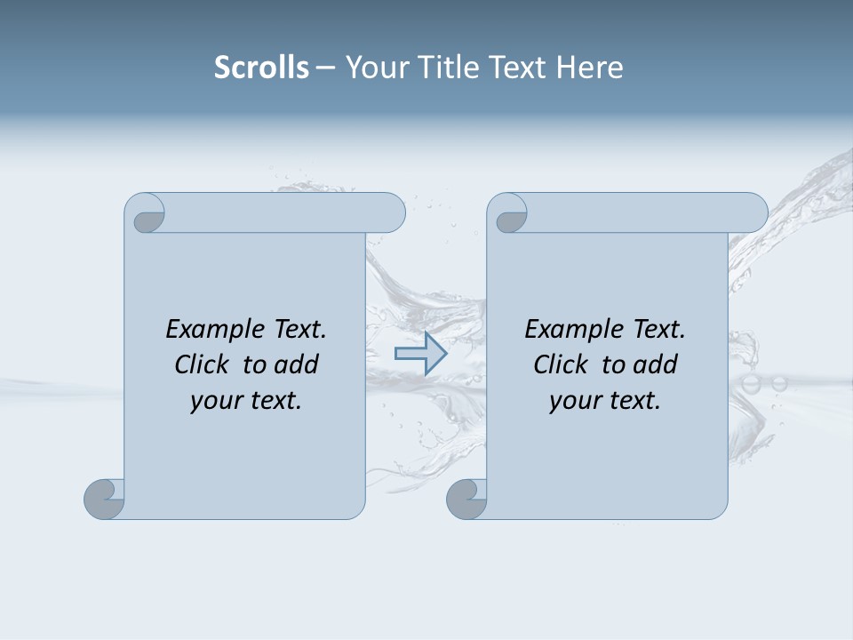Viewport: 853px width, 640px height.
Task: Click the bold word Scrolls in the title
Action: [261, 68]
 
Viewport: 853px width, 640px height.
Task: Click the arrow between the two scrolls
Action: [420, 354]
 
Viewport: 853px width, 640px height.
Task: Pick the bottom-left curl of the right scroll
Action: [466, 499]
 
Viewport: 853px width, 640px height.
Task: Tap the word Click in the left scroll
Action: [203, 364]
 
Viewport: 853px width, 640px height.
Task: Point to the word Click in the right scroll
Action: [562, 364]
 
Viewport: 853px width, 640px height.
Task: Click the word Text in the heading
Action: [514, 68]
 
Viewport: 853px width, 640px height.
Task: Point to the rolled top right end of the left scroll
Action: [387, 213]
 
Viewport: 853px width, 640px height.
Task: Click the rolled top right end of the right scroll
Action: [750, 213]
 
